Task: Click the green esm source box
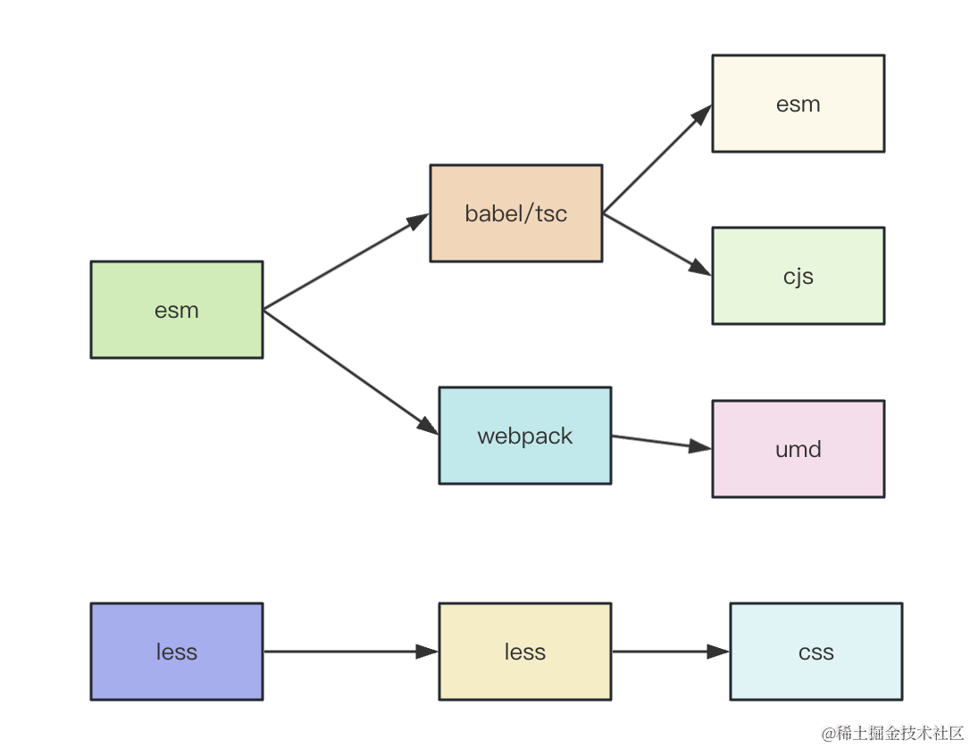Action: point(177,310)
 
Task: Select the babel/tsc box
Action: point(516,213)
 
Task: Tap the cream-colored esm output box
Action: point(798,104)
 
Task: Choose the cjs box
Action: point(798,276)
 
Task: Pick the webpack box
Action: point(525,436)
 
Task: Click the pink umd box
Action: point(798,449)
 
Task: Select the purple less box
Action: point(177,652)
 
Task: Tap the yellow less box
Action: point(525,652)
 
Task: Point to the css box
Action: point(816,652)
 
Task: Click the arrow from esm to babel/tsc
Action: point(347,262)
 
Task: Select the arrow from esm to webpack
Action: point(351,372)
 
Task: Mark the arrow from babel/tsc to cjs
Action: point(657,245)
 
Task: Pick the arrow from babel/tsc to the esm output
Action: point(657,159)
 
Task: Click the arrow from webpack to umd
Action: point(661,442)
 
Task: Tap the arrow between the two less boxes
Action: point(351,652)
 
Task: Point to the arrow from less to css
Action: point(671,652)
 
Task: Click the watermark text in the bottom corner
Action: point(892,733)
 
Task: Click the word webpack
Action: point(525,436)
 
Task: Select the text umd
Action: point(798,449)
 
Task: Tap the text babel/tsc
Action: point(516,213)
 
